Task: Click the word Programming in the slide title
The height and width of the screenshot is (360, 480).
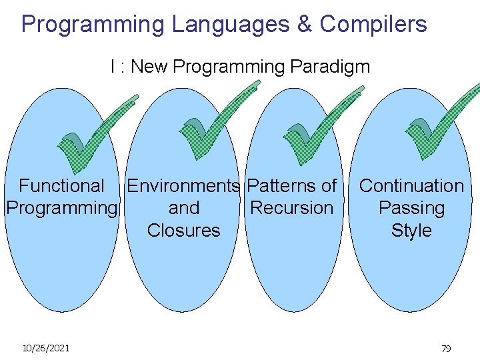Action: pyautogui.click(x=93, y=25)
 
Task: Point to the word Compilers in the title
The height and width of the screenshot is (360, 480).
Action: pyautogui.click(x=373, y=25)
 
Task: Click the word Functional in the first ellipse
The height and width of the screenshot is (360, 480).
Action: pyautogui.click(x=61, y=185)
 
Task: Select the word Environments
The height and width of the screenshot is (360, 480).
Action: pyautogui.click(x=183, y=185)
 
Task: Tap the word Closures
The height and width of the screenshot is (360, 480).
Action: pyautogui.click(x=183, y=231)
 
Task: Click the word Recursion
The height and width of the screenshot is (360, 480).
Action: pyautogui.click(x=291, y=208)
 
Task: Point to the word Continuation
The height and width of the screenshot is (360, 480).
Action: pyautogui.click(x=411, y=185)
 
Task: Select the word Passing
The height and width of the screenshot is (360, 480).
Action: pyautogui.click(x=411, y=209)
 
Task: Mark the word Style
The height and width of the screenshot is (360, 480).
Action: pyautogui.click(x=411, y=231)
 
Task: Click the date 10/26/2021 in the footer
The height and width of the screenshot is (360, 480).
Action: pyautogui.click(x=46, y=348)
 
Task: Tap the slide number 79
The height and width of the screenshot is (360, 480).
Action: pyautogui.click(x=446, y=349)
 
